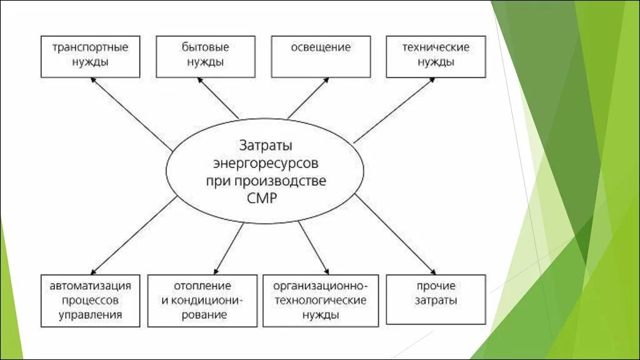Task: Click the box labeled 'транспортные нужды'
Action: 90,56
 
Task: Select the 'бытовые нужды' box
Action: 205,56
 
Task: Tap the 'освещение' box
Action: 320,56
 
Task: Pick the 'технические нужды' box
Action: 435,56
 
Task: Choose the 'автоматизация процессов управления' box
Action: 90,301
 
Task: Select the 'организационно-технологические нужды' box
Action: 320,301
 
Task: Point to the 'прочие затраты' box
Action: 435,299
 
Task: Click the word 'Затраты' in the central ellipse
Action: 265,146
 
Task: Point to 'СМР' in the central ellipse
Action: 265,198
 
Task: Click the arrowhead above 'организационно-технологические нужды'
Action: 326,270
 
